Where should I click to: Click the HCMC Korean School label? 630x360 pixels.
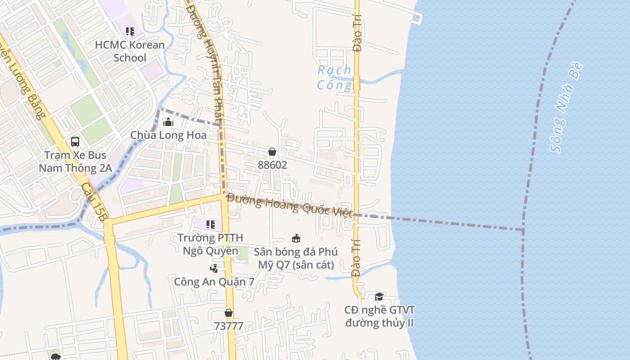coord(130,51)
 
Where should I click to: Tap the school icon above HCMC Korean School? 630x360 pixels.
coord(130,31)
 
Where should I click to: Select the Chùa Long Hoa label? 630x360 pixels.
coord(168,135)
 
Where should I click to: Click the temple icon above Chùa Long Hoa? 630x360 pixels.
coord(168,121)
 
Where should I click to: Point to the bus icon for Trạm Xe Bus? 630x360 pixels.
coord(75,142)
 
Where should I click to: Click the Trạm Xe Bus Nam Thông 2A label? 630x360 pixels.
coord(75,162)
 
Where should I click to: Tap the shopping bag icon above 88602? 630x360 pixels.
coord(272,152)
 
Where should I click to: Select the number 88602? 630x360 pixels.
coord(272,165)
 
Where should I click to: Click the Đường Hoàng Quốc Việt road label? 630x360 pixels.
coord(290,206)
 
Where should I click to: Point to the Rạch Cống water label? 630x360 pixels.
coord(334,77)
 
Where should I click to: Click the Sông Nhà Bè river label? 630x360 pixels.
coord(567,108)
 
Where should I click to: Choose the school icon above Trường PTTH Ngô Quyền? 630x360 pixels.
coord(210,224)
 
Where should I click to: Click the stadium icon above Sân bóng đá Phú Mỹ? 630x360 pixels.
coord(296,238)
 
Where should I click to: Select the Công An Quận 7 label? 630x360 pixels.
coord(214,282)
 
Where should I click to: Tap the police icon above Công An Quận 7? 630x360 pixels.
coord(214,269)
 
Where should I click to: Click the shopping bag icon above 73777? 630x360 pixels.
coord(229,313)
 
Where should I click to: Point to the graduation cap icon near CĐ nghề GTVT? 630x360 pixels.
coord(379,297)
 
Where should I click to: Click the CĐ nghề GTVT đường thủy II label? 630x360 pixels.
coord(379,316)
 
